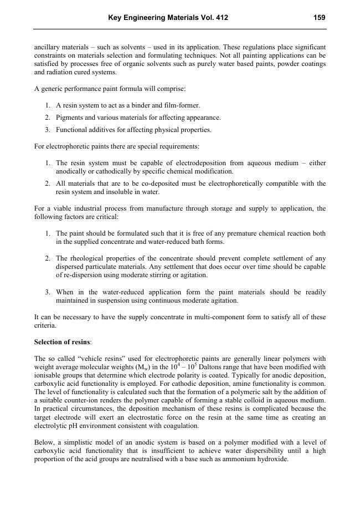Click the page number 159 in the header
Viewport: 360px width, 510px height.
319,18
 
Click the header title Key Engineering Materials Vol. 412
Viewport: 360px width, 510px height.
168,18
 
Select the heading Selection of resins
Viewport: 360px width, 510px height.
61,342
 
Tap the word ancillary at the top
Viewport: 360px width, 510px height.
47,47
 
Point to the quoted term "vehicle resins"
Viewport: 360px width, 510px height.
86,359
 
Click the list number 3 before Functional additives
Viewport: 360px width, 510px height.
48,130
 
